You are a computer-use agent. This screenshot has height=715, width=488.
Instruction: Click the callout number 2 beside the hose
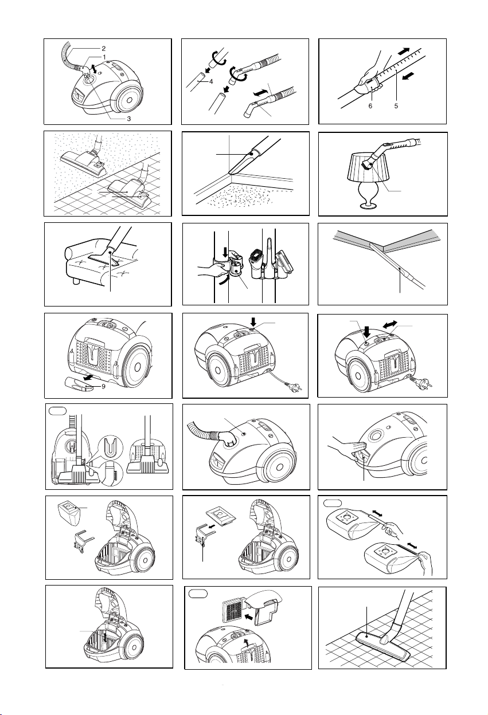point(104,49)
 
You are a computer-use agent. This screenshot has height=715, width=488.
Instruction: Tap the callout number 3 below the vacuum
point(129,119)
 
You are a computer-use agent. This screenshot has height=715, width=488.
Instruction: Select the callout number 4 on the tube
point(211,81)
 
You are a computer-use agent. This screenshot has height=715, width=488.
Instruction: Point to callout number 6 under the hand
point(370,106)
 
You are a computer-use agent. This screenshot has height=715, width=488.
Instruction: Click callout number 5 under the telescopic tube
point(396,106)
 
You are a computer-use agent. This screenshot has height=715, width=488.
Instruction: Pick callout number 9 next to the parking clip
point(104,387)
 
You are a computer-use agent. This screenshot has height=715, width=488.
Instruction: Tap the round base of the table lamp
point(369,206)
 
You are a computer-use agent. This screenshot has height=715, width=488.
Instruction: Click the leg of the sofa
point(76,281)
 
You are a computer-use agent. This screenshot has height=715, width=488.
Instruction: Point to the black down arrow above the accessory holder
point(225,252)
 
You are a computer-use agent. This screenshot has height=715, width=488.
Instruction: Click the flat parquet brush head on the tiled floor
point(382,645)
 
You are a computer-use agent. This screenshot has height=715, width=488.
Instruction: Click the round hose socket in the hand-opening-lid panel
point(376,435)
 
